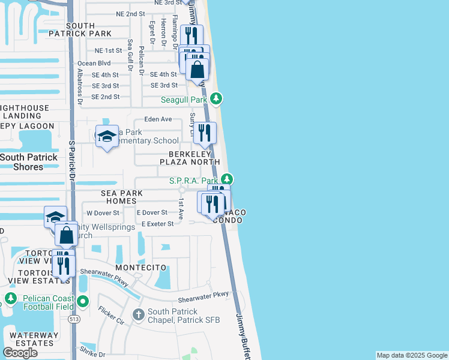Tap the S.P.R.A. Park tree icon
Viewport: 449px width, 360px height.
click(x=226, y=179)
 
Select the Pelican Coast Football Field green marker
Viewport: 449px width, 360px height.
click(x=10, y=298)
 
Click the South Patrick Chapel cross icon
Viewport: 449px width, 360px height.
click(x=139, y=315)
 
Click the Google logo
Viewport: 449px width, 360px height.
click(x=20, y=352)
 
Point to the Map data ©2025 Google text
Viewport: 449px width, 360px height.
click(x=412, y=355)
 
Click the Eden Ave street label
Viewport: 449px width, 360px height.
click(x=158, y=119)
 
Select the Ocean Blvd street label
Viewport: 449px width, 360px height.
click(x=94, y=63)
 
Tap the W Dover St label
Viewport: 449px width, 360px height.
click(x=103, y=212)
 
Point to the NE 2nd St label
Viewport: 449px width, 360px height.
click(x=130, y=13)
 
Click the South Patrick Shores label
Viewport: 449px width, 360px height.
click(x=29, y=162)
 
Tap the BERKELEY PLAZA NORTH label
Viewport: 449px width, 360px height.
click(x=190, y=157)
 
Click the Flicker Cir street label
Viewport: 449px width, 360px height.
click(x=112, y=316)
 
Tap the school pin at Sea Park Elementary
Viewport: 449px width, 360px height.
click(x=107, y=137)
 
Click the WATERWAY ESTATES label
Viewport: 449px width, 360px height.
click(x=34, y=339)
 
